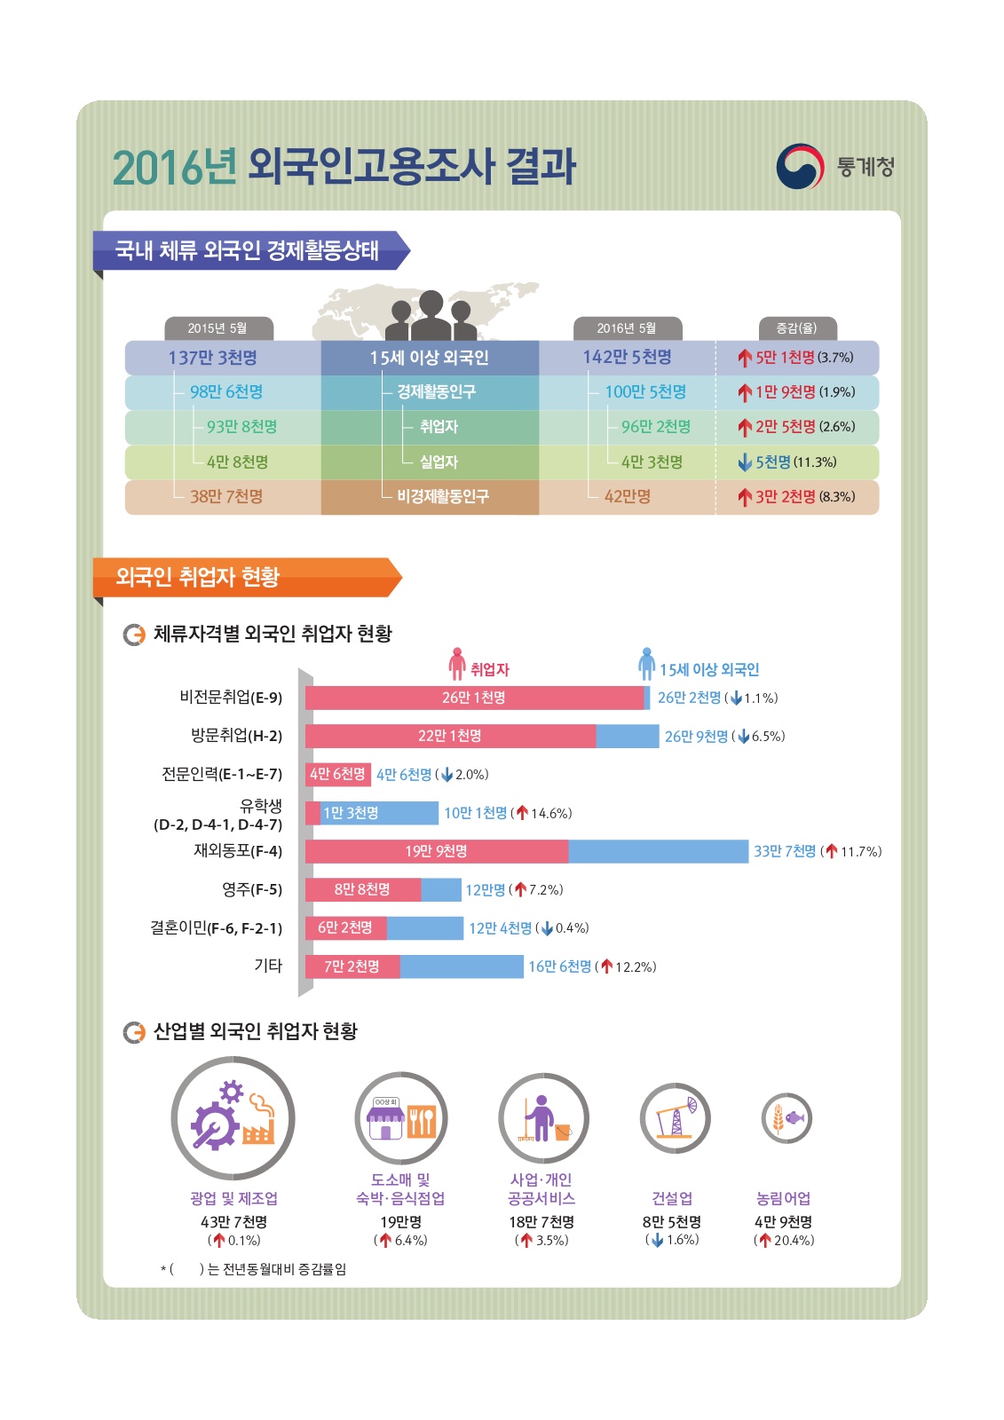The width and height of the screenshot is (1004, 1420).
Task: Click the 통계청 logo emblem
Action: coord(799,166)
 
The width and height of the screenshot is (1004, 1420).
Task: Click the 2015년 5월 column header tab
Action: coord(218,328)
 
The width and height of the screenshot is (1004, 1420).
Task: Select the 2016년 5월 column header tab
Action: coord(627,328)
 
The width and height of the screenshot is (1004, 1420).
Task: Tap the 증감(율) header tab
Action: coord(796,328)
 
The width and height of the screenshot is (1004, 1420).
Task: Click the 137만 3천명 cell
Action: coord(213,358)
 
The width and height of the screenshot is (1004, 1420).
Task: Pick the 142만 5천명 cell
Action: coord(627,357)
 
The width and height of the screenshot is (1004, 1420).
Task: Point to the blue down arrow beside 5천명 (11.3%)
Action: coord(745,462)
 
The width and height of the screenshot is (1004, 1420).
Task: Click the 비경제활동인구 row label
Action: coord(442,497)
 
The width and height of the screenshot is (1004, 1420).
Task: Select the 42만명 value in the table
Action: coord(627,497)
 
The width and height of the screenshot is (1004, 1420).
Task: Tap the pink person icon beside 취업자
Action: coord(457,663)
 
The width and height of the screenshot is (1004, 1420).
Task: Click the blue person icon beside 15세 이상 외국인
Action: coord(646,663)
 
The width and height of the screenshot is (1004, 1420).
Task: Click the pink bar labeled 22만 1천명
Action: coord(450,736)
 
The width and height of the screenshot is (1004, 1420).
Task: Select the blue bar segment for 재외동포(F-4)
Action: coord(658,851)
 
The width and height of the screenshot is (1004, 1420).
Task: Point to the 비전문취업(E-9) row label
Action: coord(231,698)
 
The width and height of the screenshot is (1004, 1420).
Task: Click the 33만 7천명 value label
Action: coord(785,851)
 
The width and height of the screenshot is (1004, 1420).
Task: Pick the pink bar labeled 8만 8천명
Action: coord(362,889)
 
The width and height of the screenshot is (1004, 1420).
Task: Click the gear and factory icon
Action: coord(233,1118)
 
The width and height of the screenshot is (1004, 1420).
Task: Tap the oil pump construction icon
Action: coord(675,1118)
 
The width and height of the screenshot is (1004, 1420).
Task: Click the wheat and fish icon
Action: coord(786,1118)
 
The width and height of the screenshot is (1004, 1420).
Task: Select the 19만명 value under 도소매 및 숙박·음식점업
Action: coord(400,1222)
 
